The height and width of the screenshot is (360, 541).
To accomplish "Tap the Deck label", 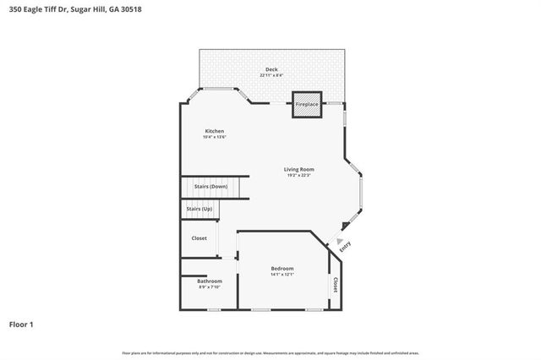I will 271,69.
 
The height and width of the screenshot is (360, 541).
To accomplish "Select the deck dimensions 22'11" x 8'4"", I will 271,76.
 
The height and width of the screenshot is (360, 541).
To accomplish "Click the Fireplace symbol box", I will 306,104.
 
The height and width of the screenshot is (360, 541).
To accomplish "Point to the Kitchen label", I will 214,131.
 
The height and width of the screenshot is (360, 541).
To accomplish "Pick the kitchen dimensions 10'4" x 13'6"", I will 214,137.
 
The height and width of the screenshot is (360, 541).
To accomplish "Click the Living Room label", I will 298,169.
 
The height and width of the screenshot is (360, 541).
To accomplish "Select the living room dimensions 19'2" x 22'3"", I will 298,176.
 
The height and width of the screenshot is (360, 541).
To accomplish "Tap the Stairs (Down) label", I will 210,186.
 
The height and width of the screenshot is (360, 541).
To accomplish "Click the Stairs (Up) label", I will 199,209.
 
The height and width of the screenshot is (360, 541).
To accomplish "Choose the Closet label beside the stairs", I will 199,238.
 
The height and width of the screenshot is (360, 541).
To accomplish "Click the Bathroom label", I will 210,281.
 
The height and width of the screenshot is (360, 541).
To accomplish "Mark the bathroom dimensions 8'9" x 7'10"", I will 210,287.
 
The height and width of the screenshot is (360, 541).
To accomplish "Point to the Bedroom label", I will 282,268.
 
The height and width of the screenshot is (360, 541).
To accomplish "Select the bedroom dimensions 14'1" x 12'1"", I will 282,275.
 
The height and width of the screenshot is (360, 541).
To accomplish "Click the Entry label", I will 344,247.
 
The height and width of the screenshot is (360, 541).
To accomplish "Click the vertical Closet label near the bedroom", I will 336,286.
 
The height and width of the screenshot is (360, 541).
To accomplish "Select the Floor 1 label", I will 21,324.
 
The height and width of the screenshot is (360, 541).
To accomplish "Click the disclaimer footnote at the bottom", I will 270,352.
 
